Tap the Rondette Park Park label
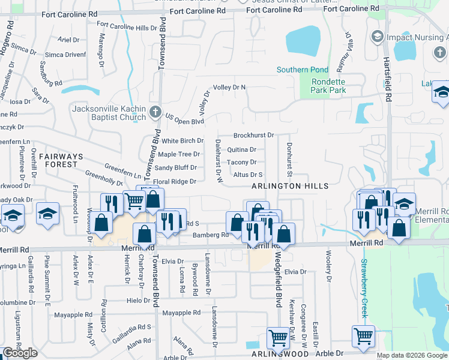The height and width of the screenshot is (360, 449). [x=328, y=86]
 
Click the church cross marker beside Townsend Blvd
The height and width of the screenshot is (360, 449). [x=155, y=112]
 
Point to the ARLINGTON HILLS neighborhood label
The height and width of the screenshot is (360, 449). [x=290, y=186]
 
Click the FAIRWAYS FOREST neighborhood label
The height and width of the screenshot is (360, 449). [x=58, y=160]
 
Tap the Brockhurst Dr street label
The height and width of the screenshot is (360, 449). [x=253, y=136]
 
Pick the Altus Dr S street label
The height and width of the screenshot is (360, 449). [x=248, y=175]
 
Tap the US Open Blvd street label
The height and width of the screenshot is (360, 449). [x=185, y=121]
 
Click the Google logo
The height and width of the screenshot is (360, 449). [x=20, y=353]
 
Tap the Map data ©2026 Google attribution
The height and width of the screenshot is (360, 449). [x=411, y=355]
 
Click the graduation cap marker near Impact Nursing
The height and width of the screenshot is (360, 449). [x=377, y=37]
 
